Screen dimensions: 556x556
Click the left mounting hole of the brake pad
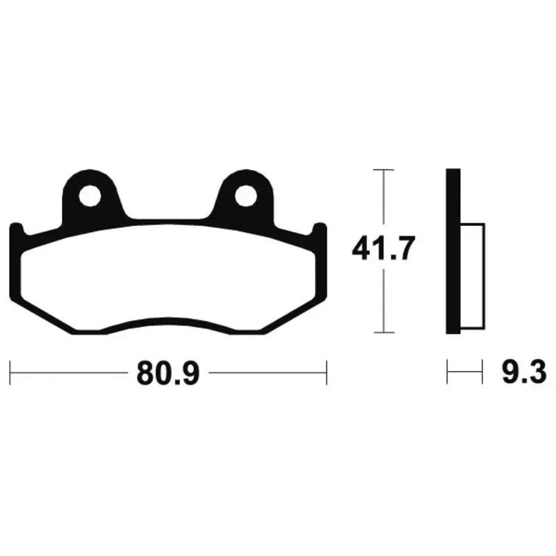pos(90,196)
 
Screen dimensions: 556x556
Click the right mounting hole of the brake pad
pos(245,196)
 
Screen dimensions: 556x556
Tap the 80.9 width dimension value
pos(168,373)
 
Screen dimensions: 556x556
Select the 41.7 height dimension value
pos(383,248)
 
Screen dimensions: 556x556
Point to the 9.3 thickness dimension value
pos(524,373)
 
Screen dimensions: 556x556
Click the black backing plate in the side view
pos(453,251)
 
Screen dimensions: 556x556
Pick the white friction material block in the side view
pos(473,276)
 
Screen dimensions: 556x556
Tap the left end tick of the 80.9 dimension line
pos(10,373)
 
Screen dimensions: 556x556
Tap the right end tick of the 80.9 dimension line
pos(326,373)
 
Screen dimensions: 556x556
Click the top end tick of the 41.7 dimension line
pos(384,170)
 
